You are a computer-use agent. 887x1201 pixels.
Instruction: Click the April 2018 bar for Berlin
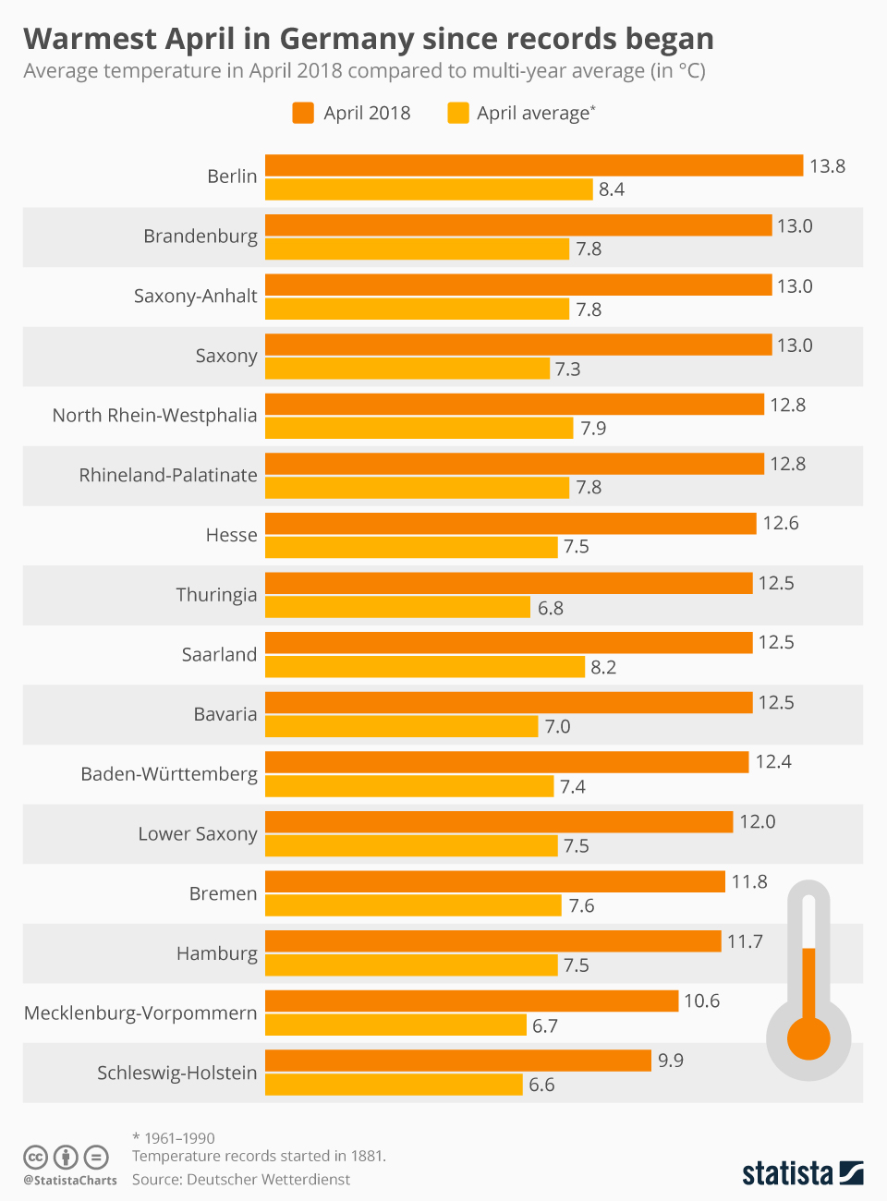(x=534, y=165)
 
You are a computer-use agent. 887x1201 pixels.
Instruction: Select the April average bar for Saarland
(x=425, y=667)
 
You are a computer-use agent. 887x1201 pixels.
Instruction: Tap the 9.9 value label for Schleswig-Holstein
(x=671, y=1061)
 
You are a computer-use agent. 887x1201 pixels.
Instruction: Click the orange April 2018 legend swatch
(x=303, y=113)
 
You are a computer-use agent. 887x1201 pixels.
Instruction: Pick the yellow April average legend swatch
(x=457, y=113)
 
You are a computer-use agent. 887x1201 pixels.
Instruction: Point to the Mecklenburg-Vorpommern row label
(x=140, y=1013)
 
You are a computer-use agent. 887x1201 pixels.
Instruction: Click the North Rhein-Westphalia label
(x=154, y=416)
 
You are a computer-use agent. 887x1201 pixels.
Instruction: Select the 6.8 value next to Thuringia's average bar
(x=551, y=608)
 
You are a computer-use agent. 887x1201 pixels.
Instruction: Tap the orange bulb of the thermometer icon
(x=808, y=1037)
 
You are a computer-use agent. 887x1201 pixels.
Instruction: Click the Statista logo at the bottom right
(x=802, y=1173)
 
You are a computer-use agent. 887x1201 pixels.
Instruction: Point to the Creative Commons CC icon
(x=35, y=1157)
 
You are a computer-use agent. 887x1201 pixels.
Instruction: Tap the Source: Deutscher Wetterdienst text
(x=241, y=1180)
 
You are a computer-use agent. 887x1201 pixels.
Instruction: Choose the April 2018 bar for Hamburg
(x=492, y=940)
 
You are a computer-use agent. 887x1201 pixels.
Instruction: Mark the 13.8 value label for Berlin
(x=827, y=166)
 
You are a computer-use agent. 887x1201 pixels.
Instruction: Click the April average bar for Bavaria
(x=401, y=726)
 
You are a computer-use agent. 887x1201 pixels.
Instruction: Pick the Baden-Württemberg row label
(x=169, y=774)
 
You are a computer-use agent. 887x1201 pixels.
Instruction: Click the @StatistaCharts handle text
(x=70, y=1180)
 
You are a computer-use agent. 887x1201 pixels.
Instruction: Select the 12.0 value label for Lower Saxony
(x=757, y=822)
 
